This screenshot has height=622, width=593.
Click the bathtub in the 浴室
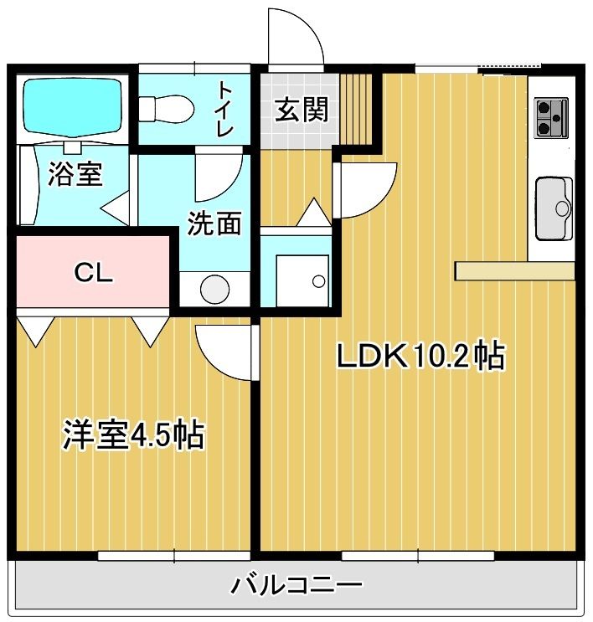(x=72, y=107)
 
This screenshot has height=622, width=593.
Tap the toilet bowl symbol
(x=167, y=108)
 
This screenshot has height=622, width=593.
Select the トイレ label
(x=224, y=109)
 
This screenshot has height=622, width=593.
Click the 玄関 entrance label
(x=302, y=110)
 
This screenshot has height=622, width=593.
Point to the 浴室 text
(x=75, y=174)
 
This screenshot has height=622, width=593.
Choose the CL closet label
(x=94, y=273)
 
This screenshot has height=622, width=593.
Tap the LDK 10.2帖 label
(x=420, y=355)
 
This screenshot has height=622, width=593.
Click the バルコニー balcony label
(x=296, y=585)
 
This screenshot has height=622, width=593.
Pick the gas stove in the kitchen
(x=551, y=118)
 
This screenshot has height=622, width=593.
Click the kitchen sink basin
(x=554, y=208)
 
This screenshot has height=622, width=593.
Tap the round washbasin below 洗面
(x=214, y=289)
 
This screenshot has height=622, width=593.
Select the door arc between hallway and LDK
(x=381, y=198)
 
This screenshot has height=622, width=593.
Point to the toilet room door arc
(x=230, y=187)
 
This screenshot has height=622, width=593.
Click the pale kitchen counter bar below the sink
(x=515, y=270)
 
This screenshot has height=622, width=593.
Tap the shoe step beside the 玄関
(x=356, y=108)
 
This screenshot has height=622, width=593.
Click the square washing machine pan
(x=302, y=280)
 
